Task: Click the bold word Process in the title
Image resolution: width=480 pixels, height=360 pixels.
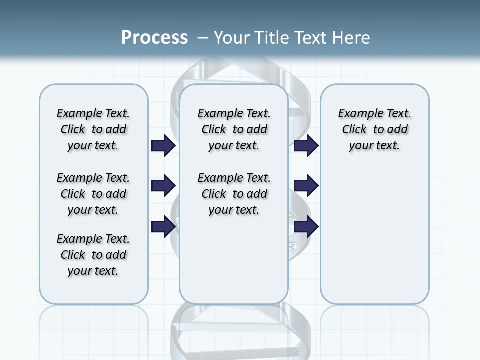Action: click(154, 37)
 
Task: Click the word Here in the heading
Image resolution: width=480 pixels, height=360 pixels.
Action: click(351, 37)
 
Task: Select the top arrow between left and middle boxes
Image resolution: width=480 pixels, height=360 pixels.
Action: click(163, 146)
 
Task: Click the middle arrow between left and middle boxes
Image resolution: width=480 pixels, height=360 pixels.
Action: click(163, 186)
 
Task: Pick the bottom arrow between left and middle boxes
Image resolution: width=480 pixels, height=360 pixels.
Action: click(163, 227)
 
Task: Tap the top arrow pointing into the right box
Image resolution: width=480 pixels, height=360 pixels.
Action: click(306, 146)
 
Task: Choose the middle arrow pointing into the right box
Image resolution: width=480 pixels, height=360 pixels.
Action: click(306, 186)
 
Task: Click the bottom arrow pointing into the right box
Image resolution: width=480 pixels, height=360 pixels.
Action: click(306, 227)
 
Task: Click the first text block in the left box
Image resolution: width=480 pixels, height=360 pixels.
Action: click(93, 129)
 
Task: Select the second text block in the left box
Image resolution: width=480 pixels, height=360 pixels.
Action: click(93, 194)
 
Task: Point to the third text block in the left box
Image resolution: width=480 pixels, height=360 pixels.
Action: click(93, 255)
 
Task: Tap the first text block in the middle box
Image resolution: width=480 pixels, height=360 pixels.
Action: click(234, 129)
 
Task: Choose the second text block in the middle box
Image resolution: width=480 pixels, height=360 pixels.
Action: click(234, 194)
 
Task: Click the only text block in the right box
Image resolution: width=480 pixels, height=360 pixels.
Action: click(375, 129)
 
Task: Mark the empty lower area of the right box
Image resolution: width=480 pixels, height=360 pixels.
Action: click(375, 235)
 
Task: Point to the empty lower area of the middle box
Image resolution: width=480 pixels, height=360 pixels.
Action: click(234, 260)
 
